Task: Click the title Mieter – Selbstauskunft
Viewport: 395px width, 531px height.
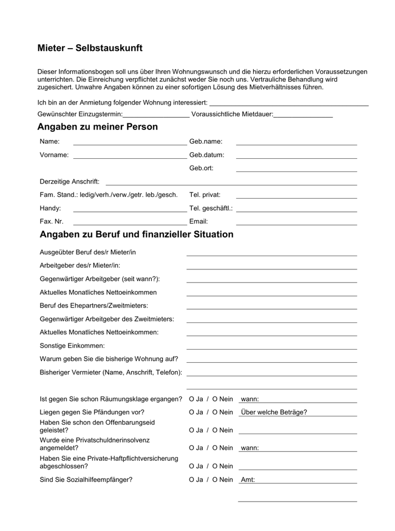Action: coord(90,48)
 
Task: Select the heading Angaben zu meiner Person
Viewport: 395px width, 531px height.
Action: coord(98,127)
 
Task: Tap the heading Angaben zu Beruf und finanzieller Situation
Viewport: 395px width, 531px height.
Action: coord(136,235)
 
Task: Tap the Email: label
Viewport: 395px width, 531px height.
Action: coord(198,221)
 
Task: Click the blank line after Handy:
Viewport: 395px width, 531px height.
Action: coord(130,210)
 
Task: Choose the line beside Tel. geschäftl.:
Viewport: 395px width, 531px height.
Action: coord(296,210)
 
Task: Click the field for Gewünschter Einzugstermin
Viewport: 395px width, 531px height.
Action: coord(156,116)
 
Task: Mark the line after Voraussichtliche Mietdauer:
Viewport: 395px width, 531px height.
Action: coord(303,116)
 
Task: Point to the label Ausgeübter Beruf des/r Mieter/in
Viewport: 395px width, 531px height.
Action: coord(88,252)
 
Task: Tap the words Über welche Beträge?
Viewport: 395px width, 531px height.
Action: coord(274,412)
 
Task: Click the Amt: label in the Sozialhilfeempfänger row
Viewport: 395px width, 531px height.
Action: coord(248,480)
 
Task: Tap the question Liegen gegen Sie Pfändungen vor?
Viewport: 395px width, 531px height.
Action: coord(92,412)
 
